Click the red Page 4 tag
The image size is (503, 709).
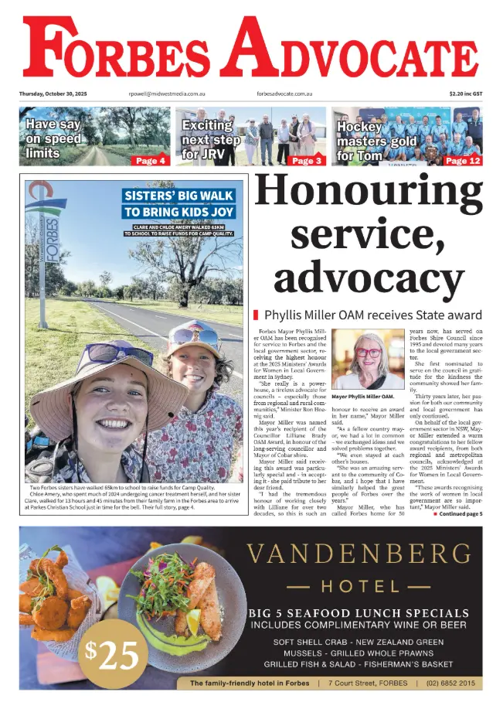[150, 161]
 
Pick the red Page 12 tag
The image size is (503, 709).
[463, 161]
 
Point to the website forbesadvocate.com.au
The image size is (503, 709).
[284, 94]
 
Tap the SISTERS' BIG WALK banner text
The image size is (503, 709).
[178, 203]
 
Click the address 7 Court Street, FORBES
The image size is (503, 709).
[367, 683]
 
